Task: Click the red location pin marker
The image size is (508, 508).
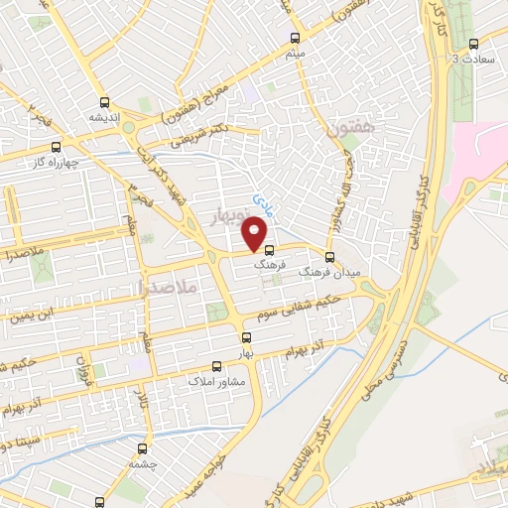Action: coord(255,235)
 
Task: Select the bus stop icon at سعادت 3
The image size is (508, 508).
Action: coord(472,44)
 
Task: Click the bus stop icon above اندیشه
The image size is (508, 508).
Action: coord(105,101)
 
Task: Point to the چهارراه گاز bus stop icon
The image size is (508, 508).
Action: coord(56,146)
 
